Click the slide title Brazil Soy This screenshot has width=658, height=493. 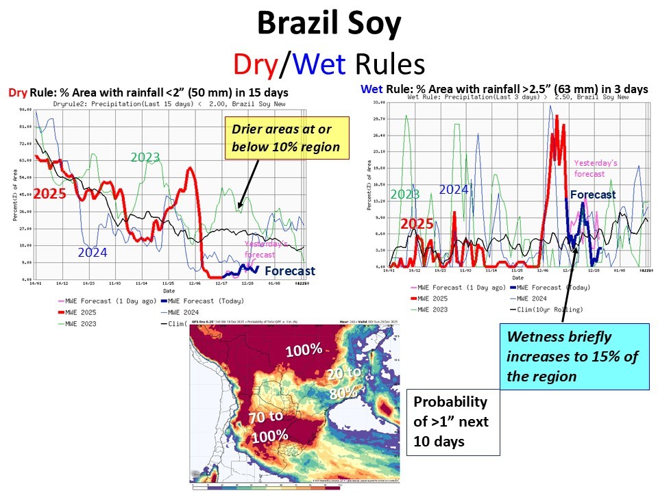point(328,25)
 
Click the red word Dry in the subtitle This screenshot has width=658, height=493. point(254,64)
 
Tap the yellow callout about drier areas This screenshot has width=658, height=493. point(290,137)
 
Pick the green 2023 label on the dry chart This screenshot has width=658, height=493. point(145,158)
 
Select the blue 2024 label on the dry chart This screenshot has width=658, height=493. point(92,252)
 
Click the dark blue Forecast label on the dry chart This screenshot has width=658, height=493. point(289,270)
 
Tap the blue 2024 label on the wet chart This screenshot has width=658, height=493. point(453,190)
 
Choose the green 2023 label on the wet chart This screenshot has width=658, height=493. point(404,194)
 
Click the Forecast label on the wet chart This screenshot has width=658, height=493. point(593,194)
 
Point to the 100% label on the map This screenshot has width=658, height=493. point(303,350)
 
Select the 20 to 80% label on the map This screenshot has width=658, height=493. point(343,383)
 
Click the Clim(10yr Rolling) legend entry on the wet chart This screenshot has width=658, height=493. point(549,310)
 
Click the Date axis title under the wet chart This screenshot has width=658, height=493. point(517,277)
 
